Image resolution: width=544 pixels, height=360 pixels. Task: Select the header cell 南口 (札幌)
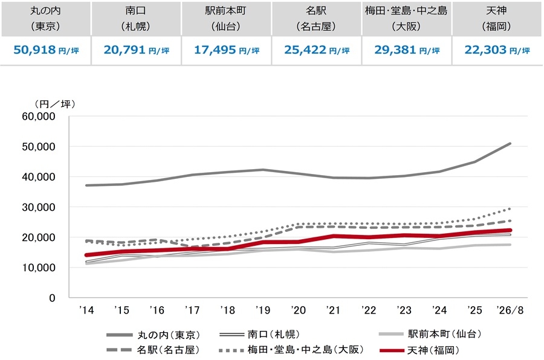pos(136,18)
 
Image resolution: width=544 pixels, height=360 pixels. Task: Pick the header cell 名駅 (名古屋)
pos(316,18)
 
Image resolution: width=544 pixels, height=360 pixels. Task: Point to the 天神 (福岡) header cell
pos(497,18)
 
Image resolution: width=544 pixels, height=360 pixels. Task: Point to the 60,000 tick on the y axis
pos(39,117)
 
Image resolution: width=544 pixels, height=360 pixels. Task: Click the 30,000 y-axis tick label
pos(39,207)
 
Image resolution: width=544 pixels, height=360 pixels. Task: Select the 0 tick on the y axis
pos(52,298)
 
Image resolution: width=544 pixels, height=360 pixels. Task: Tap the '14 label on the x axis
pos(86,310)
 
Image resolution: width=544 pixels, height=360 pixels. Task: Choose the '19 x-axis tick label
pos(263,310)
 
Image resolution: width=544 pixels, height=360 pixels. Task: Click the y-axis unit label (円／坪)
pos(55,104)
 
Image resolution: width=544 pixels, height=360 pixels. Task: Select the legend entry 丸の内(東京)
pos(154,335)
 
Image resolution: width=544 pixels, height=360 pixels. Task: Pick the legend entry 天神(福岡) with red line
pos(419,350)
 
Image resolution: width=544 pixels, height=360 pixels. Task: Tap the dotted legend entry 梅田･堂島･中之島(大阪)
pos(291,350)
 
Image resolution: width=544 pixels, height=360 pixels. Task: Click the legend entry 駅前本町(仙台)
pos(430,334)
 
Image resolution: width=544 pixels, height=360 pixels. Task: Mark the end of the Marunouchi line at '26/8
pos(510,144)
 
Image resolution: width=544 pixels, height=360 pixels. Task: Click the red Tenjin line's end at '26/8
pos(510,230)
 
